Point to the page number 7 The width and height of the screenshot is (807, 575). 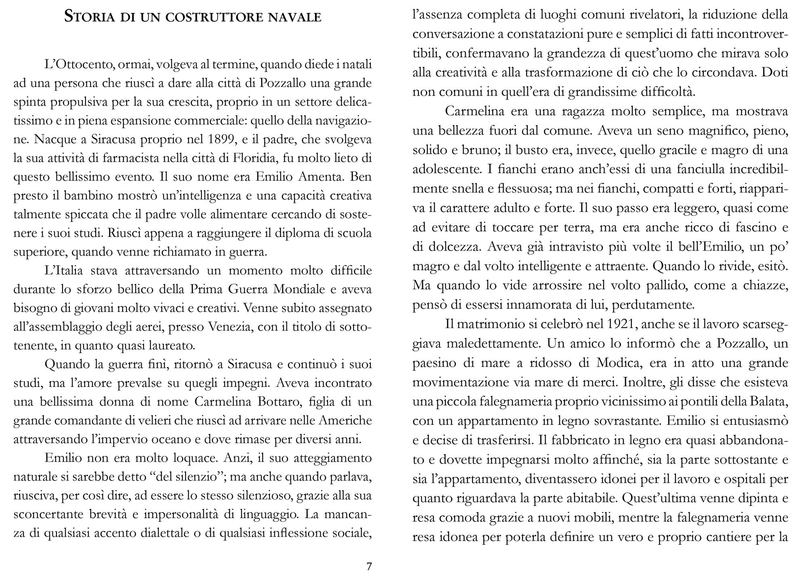coord(369,567)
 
